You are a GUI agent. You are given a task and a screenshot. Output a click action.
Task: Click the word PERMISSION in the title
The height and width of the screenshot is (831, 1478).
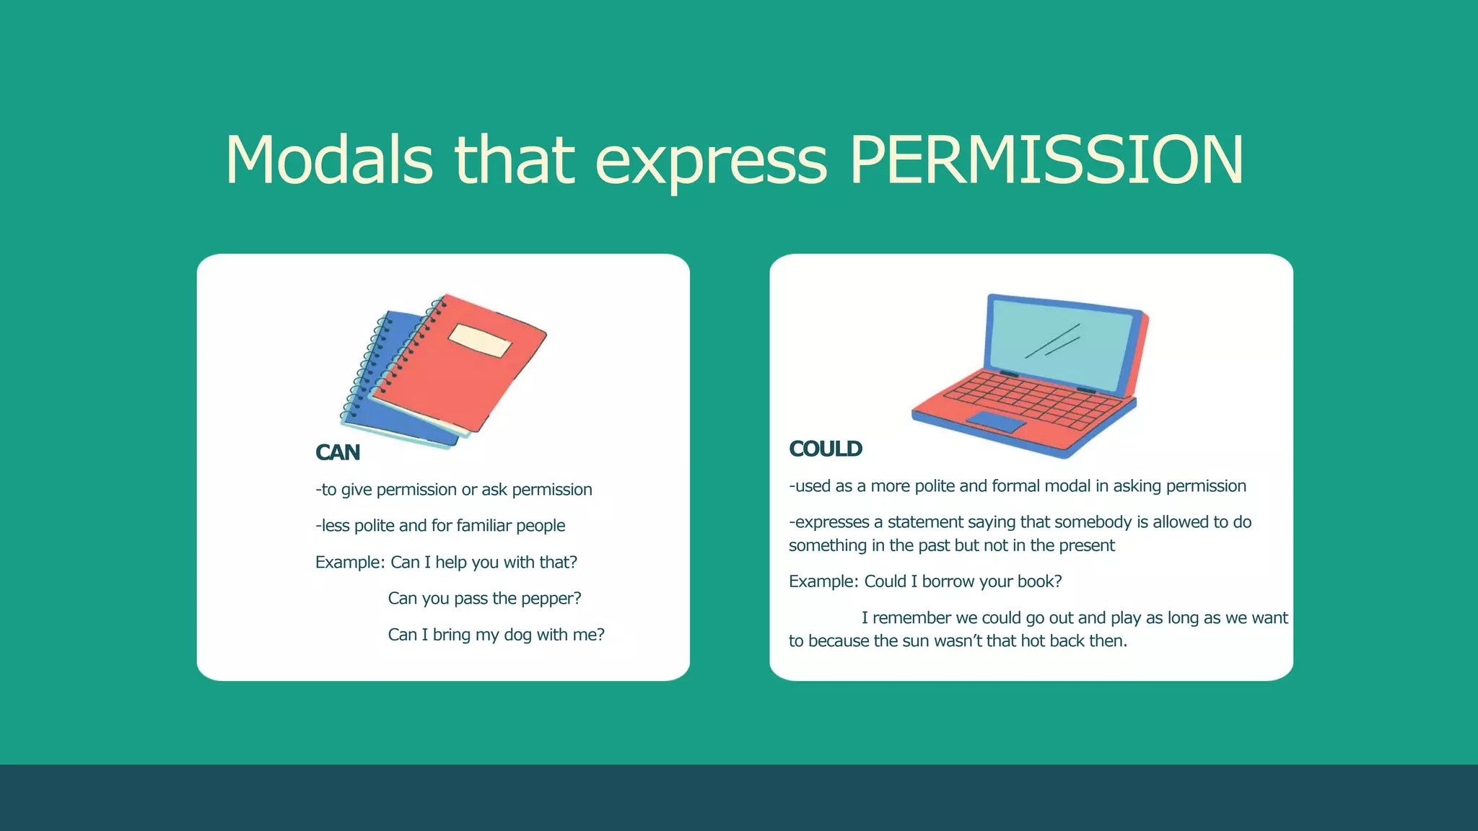coord(1046,160)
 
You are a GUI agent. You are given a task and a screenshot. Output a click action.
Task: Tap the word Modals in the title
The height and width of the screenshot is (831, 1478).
coord(329,160)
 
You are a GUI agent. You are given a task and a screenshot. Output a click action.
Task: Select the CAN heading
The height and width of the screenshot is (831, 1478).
coord(337,452)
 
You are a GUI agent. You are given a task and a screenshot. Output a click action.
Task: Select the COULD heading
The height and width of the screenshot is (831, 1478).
coord(825,449)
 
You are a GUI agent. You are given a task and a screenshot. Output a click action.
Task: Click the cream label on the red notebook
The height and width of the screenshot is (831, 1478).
coord(479,340)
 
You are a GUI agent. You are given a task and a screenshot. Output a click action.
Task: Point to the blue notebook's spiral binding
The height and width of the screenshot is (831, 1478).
coord(367,368)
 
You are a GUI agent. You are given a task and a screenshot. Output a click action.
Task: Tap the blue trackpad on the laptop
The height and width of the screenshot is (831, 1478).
coord(996,422)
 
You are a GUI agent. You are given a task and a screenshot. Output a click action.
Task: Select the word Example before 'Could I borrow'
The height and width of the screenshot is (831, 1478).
coord(822,581)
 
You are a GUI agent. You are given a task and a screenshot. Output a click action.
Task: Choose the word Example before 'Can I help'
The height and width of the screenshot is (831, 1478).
coord(349,563)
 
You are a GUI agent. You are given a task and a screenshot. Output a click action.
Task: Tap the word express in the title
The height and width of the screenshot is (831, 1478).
coord(711,160)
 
